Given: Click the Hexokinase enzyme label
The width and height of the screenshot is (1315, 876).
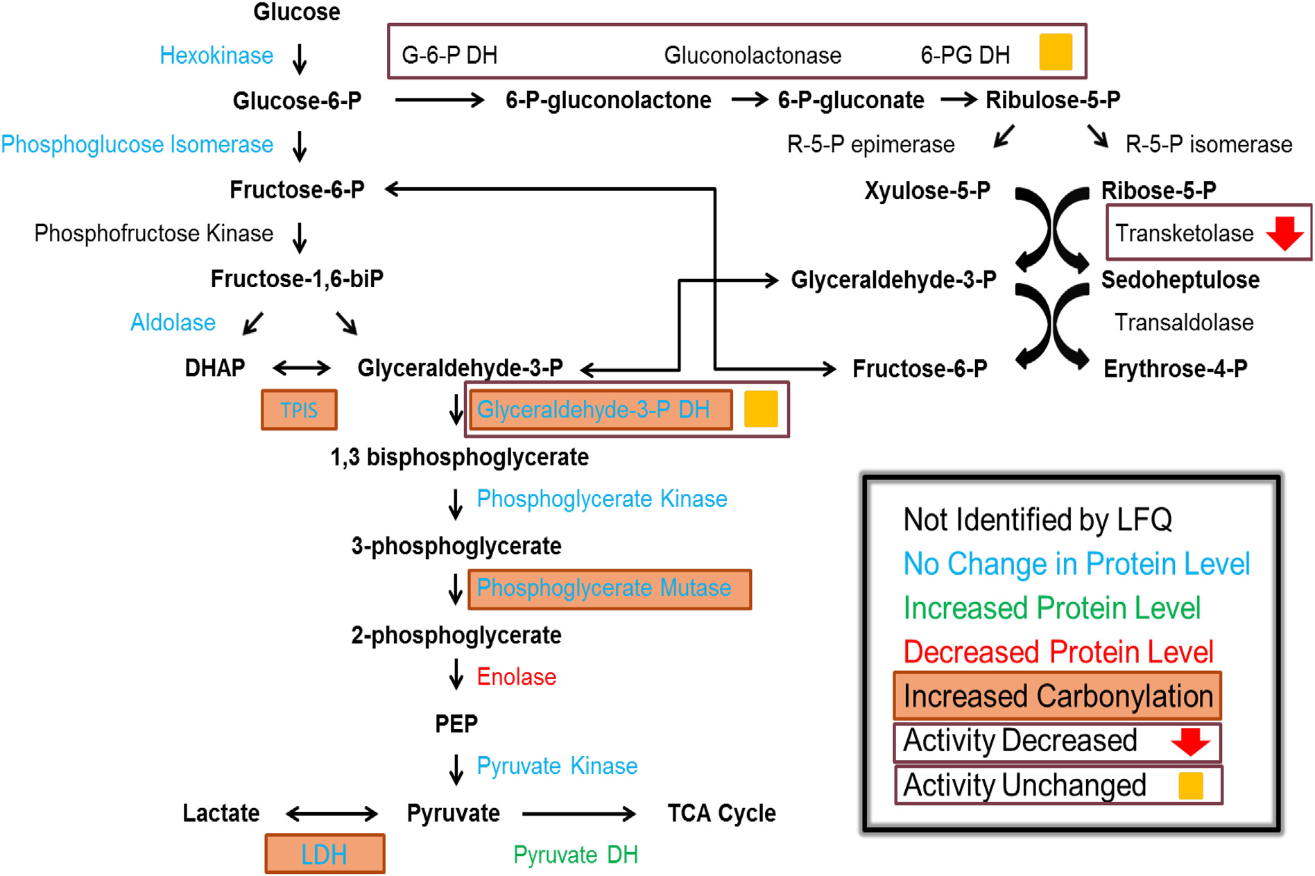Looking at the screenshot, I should click(216, 55).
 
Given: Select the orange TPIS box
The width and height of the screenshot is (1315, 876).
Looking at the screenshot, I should click(299, 410).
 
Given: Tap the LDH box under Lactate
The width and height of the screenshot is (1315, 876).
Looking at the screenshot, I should click(325, 854).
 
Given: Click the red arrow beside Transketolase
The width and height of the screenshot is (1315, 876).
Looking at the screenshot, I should click(1284, 233).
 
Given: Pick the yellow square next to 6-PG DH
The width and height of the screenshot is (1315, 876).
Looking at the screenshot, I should click(1056, 53).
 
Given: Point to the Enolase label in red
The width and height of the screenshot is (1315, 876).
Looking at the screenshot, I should click(516, 677).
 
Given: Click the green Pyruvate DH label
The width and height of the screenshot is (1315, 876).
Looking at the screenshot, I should click(575, 854).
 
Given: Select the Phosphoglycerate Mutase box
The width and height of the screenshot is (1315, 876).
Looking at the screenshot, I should click(609, 589).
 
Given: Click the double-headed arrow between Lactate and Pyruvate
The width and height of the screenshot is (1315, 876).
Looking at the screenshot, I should click(332, 813).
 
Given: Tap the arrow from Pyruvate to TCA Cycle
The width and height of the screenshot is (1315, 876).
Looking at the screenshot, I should click(578, 813).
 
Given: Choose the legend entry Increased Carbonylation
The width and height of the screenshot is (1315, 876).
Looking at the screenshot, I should click(1057, 696).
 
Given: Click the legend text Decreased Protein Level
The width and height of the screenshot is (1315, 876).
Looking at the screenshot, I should click(1058, 652).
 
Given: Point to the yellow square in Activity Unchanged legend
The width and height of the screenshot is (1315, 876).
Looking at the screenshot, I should click(1190, 786).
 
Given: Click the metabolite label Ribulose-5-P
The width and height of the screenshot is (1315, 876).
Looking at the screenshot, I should click(1052, 100).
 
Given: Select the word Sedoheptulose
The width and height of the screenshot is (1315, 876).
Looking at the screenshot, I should click(1180, 280).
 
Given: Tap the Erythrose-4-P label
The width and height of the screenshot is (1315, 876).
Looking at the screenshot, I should click(1175, 368).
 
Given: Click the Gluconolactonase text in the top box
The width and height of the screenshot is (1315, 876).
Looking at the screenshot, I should click(753, 55).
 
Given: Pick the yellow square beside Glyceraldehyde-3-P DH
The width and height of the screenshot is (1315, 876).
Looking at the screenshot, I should click(761, 409).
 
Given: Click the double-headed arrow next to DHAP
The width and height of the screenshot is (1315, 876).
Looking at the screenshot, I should click(302, 368).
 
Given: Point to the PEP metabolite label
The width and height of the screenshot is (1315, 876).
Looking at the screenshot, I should click(456, 723).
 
